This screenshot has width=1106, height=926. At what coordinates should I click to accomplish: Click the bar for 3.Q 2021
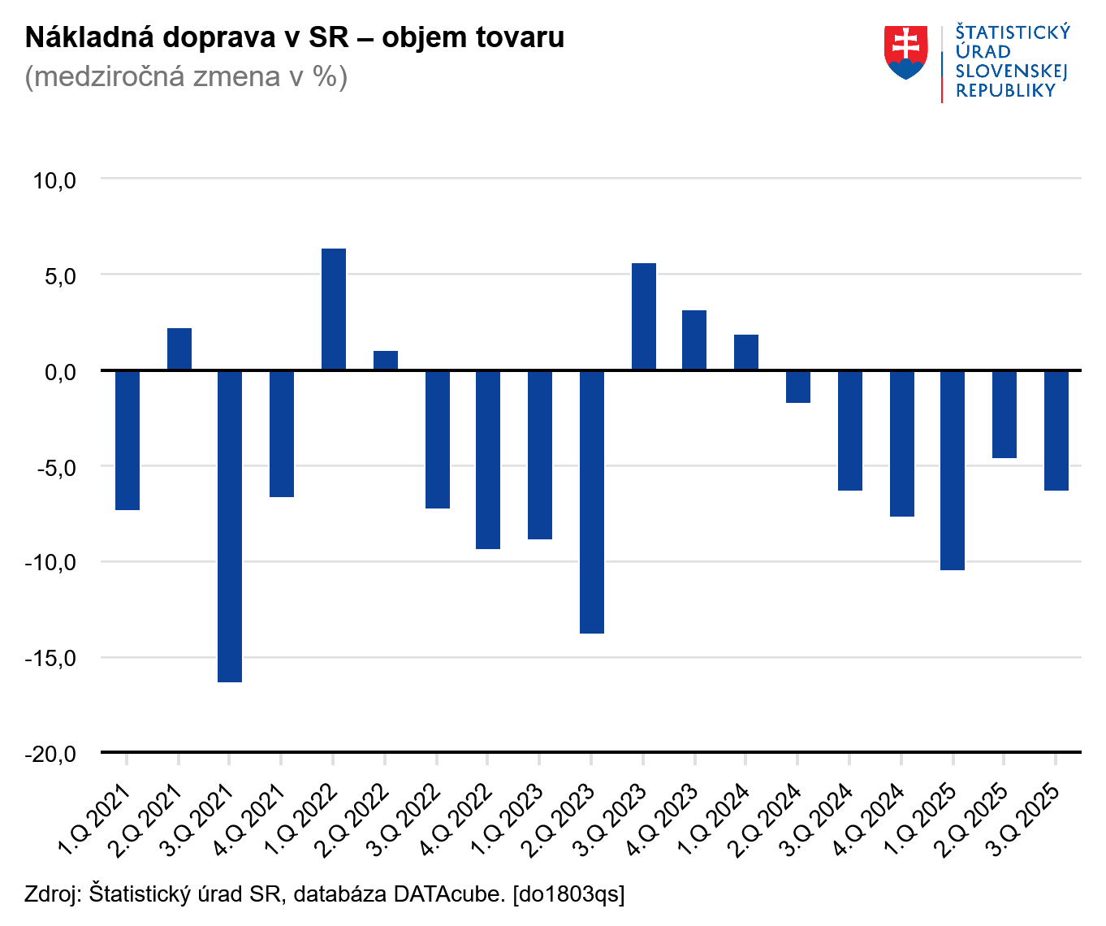(230, 526)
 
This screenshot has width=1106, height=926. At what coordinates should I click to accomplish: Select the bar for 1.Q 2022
(334, 309)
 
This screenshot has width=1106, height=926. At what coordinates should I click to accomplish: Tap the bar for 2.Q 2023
(592, 501)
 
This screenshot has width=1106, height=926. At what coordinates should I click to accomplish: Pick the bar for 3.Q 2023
(644, 317)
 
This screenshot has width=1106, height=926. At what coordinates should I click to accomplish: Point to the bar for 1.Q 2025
(953, 470)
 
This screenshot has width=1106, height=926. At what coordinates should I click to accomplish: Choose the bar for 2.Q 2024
(798, 387)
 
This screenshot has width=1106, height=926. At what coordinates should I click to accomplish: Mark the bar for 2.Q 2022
(386, 361)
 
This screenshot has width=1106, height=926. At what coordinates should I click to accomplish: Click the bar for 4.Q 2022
(488, 460)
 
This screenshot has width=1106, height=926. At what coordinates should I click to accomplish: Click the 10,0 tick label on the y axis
(54, 180)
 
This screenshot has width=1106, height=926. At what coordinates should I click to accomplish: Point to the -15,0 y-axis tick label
(50, 658)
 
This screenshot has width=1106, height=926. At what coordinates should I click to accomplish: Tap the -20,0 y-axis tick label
(50, 754)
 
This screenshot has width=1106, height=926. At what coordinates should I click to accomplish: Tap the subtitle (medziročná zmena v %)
(186, 76)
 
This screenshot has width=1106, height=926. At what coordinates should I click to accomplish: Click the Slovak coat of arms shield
(905, 52)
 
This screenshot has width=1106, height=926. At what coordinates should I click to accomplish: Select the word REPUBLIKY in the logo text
(1005, 91)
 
